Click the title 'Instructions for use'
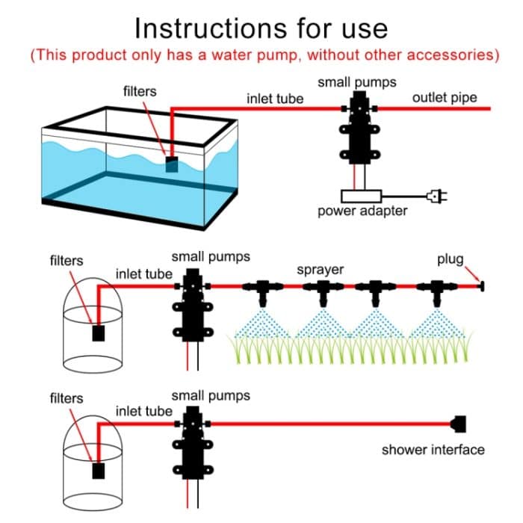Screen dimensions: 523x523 [261, 28]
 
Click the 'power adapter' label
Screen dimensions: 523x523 [362, 211]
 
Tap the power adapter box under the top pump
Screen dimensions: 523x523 [361, 196]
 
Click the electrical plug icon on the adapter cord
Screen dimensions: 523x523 [436, 196]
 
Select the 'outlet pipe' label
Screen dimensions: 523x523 [444, 98]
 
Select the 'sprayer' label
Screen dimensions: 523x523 [320, 269]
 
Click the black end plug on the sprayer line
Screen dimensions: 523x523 [482, 285]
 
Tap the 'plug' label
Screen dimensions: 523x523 [451, 259]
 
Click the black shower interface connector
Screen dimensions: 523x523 [459, 424]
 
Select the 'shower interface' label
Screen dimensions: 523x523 [433, 450]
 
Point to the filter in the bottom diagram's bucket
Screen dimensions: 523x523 [97, 471]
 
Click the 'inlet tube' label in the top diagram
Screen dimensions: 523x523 [275, 99]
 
